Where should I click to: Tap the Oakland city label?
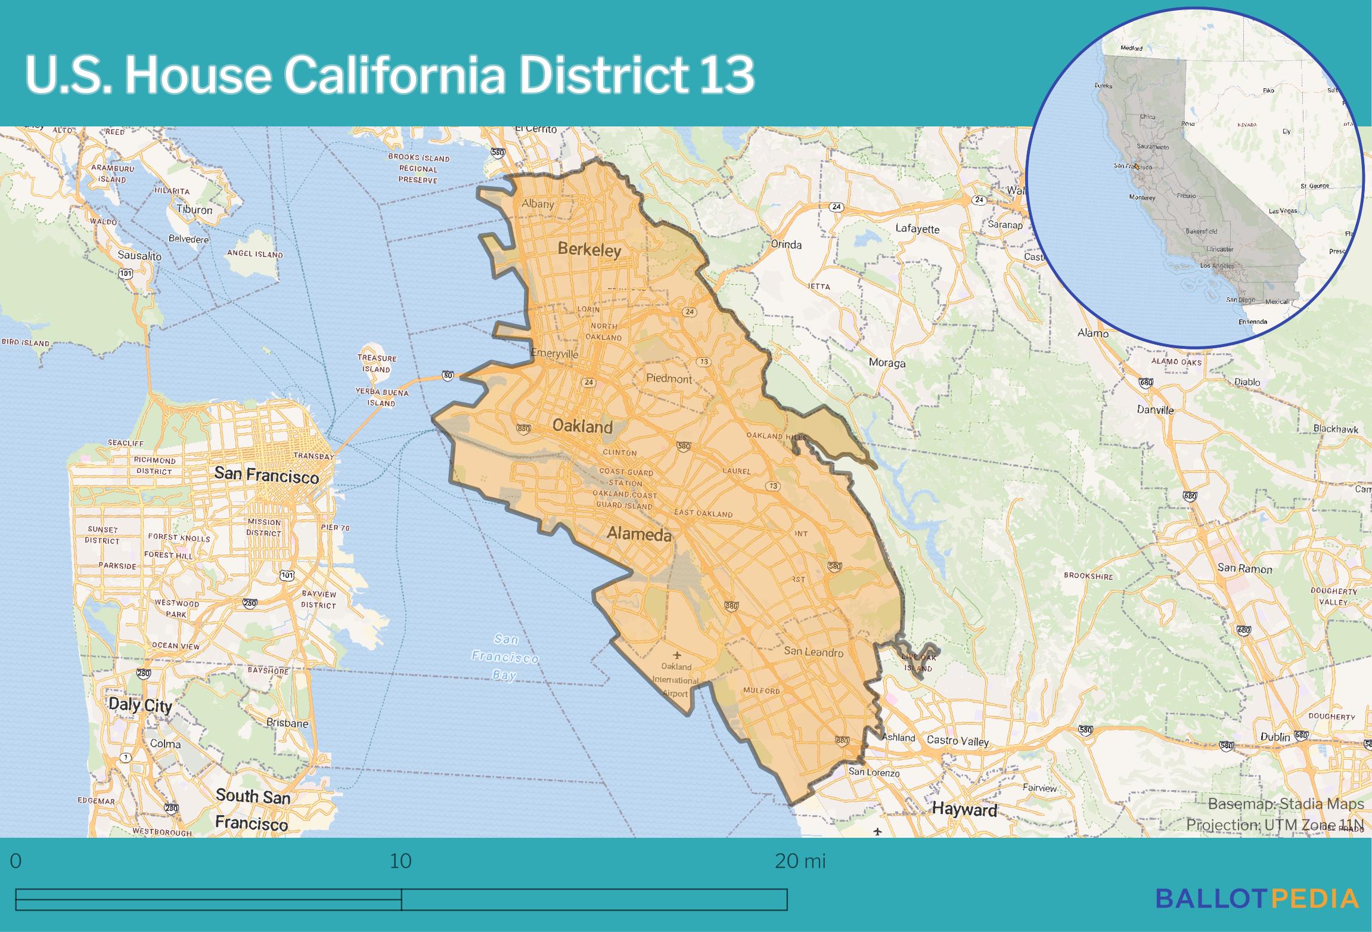tap(582, 426)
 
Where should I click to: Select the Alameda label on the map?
tap(638, 534)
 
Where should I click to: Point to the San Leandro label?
tap(813, 651)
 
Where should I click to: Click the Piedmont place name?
tap(669, 378)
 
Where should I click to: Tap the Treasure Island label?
tap(377, 363)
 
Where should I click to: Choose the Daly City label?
tap(140, 705)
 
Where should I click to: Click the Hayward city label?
tap(964, 809)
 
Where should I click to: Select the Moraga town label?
tap(886, 363)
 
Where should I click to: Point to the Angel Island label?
tap(254, 254)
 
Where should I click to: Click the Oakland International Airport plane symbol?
tap(676, 655)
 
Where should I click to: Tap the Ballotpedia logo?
tap(1257, 897)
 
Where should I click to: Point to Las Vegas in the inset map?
tap(1283, 210)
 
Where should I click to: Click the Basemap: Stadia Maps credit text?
tap(1285, 803)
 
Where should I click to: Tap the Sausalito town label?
tap(139, 255)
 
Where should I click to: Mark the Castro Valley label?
tap(957, 741)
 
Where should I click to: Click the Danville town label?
tap(1154, 410)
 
